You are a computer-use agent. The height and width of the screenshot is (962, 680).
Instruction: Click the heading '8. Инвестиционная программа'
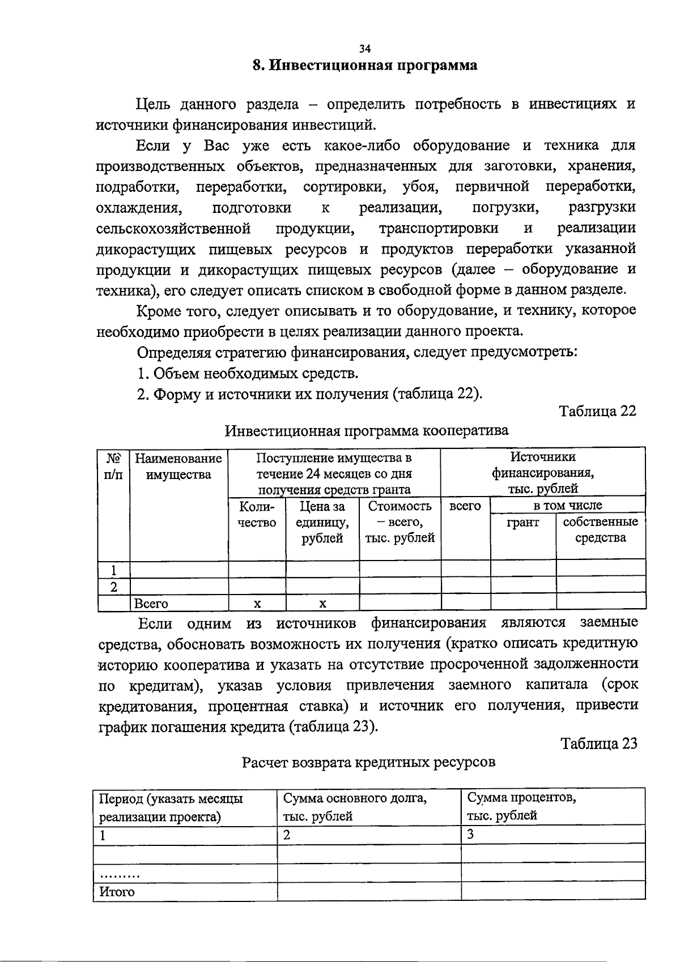pyautogui.click(x=365, y=66)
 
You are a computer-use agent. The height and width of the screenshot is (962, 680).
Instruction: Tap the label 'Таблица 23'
pyautogui.click(x=598, y=743)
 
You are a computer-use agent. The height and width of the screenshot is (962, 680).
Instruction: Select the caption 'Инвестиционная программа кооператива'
pyautogui.click(x=367, y=430)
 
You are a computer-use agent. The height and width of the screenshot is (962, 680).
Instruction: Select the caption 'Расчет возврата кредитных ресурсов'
pyautogui.click(x=368, y=762)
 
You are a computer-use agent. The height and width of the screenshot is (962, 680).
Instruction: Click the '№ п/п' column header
pyautogui.click(x=114, y=465)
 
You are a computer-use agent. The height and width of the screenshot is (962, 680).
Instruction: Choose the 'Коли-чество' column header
pyautogui.click(x=257, y=514)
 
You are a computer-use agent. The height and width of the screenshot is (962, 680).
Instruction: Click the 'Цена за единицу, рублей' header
pyautogui.click(x=322, y=521)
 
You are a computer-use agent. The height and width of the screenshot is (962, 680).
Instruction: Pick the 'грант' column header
pyautogui.click(x=522, y=522)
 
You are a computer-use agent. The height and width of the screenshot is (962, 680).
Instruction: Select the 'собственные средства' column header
pyautogui.click(x=600, y=529)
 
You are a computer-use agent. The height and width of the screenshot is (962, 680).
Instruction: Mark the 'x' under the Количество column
pyautogui.click(x=257, y=604)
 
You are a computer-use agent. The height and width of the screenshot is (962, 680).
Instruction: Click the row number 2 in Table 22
pyautogui.click(x=114, y=587)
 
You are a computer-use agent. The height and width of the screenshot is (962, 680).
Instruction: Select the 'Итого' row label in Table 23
pyautogui.click(x=117, y=892)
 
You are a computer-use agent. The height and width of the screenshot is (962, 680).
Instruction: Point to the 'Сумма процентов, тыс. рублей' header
pyautogui.click(x=521, y=807)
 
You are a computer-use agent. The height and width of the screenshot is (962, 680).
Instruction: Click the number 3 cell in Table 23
pyautogui.click(x=470, y=834)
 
